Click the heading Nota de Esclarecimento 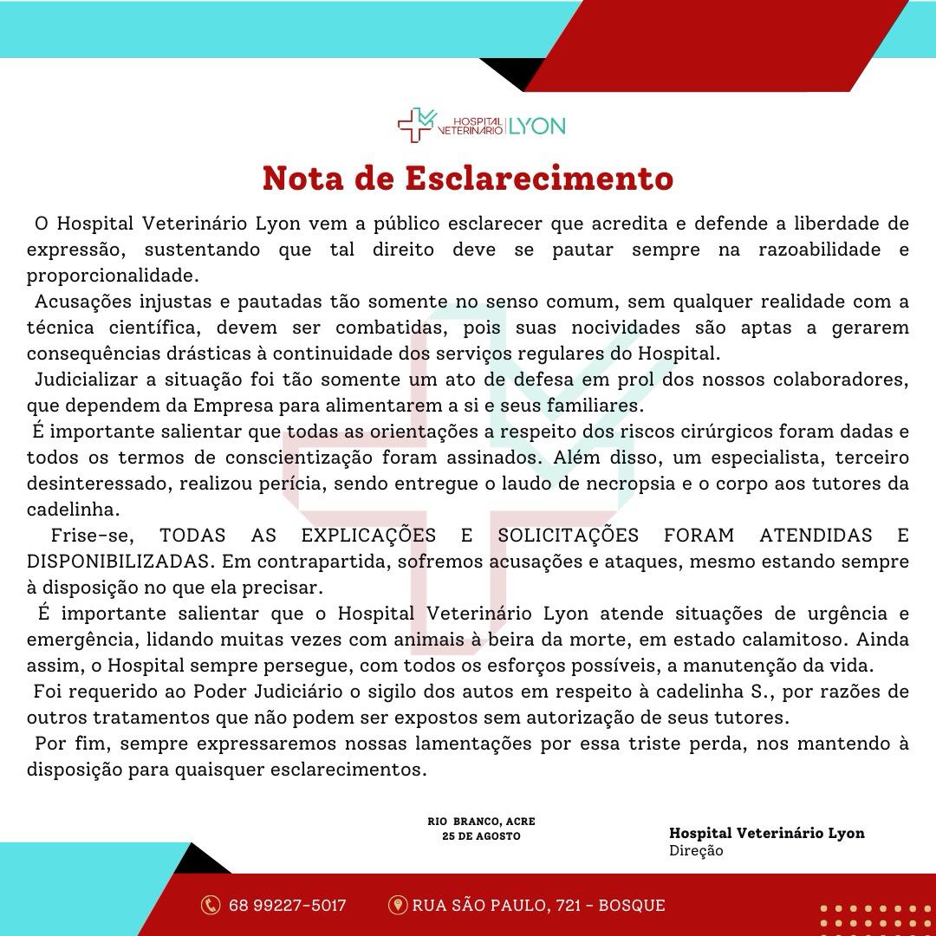pyautogui.click(x=468, y=178)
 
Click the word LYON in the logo pyautogui.click(x=536, y=127)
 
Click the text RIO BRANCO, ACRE pyautogui.click(x=481, y=821)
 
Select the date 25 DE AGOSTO pyautogui.click(x=481, y=836)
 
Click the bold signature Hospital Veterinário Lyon pyautogui.click(x=766, y=833)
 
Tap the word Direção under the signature pyautogui.click(x=696, y=851)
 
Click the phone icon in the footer pyautogui.click(x=211, y=906)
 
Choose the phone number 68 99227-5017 pyautogui.click(x=287, y=906)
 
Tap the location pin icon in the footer pyautogui.click(x=398, y=906)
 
